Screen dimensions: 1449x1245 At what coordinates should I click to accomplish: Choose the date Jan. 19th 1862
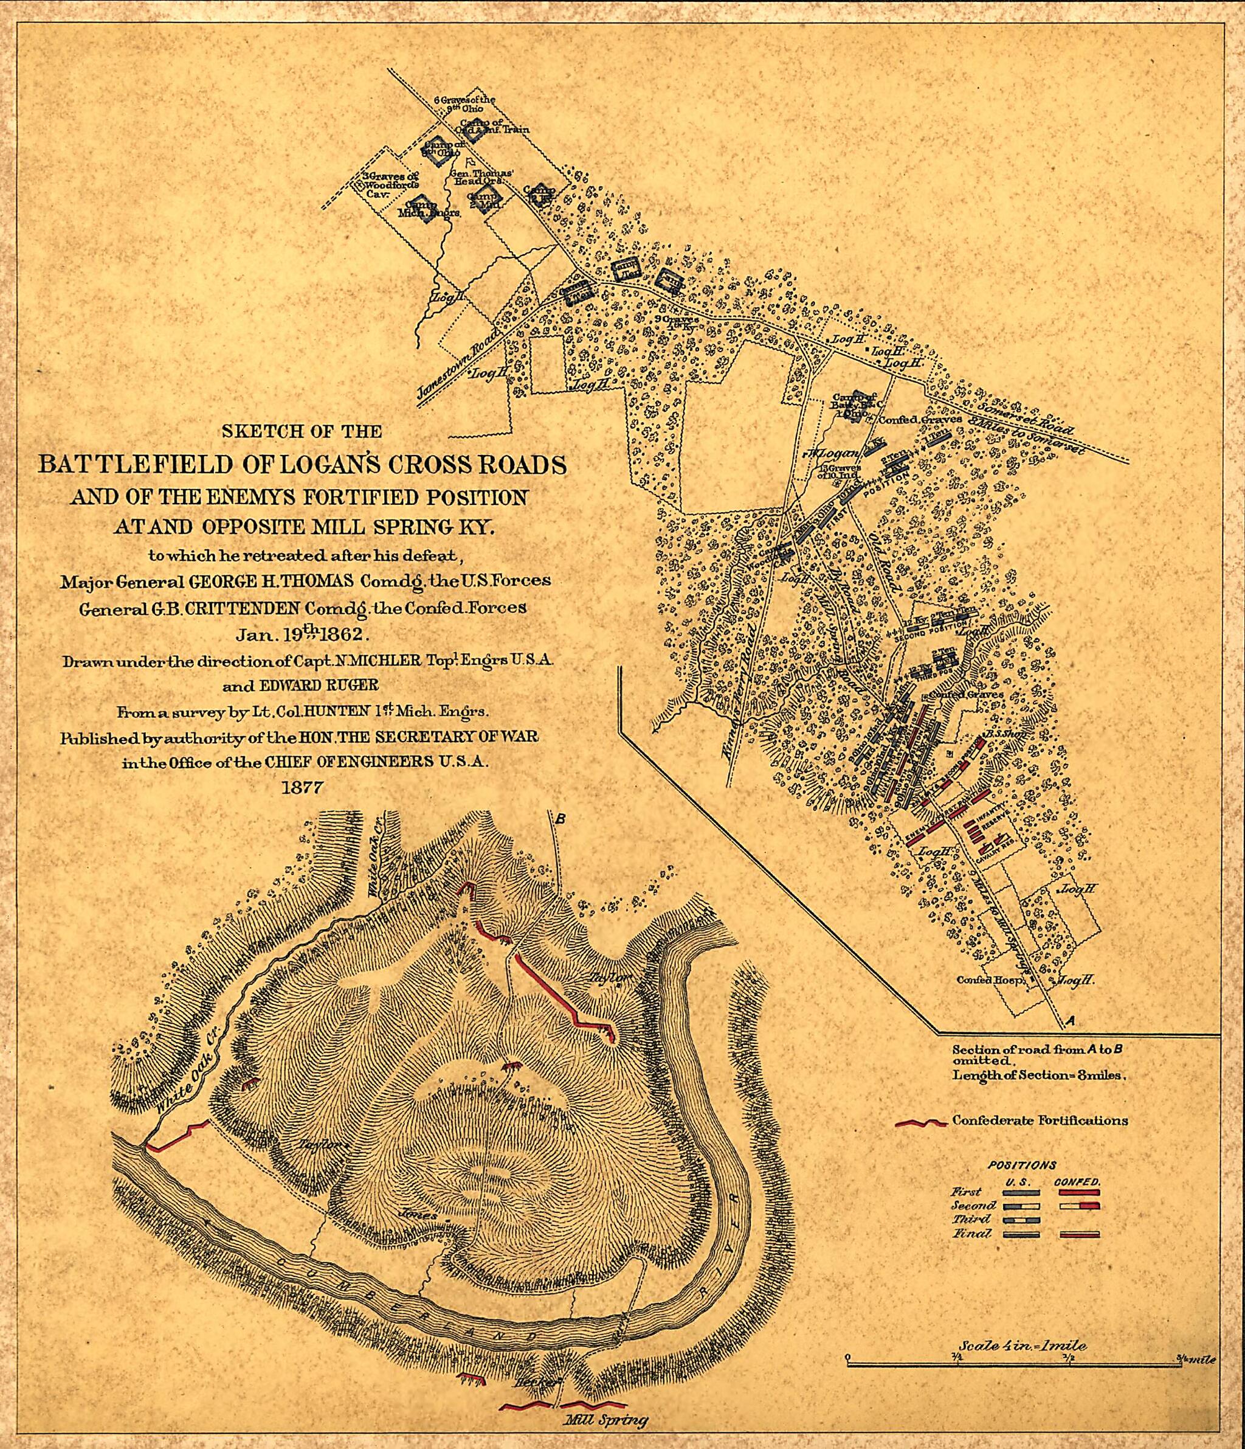(302, 635)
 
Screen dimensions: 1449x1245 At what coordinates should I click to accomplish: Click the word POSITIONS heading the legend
(1021, 1166)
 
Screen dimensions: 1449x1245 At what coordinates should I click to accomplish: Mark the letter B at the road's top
(560, 818)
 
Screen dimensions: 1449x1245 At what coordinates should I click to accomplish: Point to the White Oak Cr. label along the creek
(184, 1075)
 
